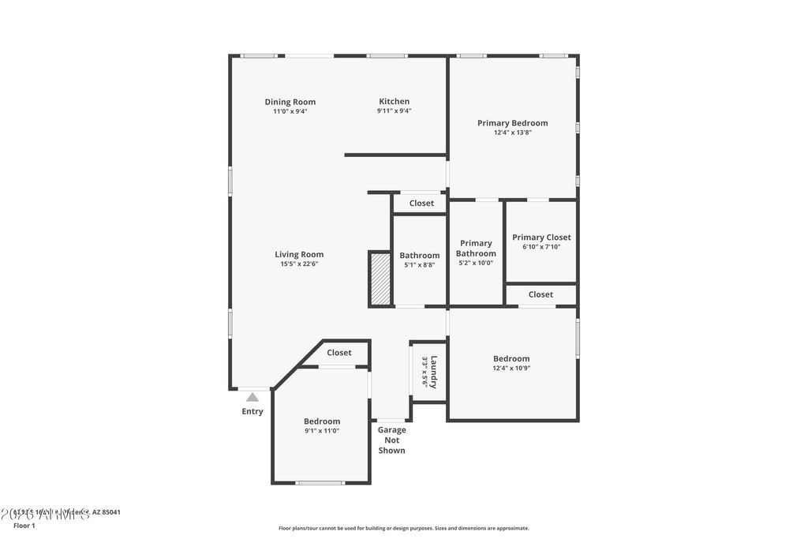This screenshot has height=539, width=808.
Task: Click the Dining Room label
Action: pyautogui.click(x=290, y=102)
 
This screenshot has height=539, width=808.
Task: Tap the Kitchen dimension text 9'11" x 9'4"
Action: pyautogui.click(x=394, y=111)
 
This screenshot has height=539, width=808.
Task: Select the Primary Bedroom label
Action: pyautogui.click(x=512, y=123)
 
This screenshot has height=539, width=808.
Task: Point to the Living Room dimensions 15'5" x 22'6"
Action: pyautogui.click(x=299, y=264)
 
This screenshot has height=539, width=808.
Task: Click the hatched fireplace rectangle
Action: pyautogui.click(x=380, y=279)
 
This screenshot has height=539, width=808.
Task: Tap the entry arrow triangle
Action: pyautogui.click(x=252, y=397)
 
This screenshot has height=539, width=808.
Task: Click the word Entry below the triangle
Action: pyautogui.click(x=252, y=411)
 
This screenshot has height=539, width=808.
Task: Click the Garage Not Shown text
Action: pyautogui.click(x=391, y=440)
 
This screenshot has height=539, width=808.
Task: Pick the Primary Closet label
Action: pyautogui.click(x=541, y=238)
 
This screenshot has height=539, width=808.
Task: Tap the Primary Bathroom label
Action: pyautogui.click(x=476, y=249)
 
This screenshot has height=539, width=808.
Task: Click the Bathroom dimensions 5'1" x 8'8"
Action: pyautogui.click(x=419, y=265)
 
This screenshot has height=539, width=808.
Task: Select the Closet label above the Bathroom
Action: pyautogui.click(x=421, y=204)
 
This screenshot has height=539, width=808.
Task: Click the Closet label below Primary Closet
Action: pyautogui.click(x=541, y=294)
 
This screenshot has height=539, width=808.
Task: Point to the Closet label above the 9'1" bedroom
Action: pyautogui.click(x=339, y=353)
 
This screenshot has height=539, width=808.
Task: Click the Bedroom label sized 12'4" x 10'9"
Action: pyautogui.click(x=511, y=358)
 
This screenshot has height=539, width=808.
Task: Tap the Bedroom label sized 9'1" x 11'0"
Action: pyautogui.click(x=322, y=421)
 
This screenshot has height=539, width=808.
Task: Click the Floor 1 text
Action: pyautogui.click(x=24, y=525)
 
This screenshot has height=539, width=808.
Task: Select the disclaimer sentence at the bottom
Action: pyautogui.click(x=403, y=529)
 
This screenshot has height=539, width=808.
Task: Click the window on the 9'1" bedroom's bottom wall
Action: pyautogui.click(x=320, y=482)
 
